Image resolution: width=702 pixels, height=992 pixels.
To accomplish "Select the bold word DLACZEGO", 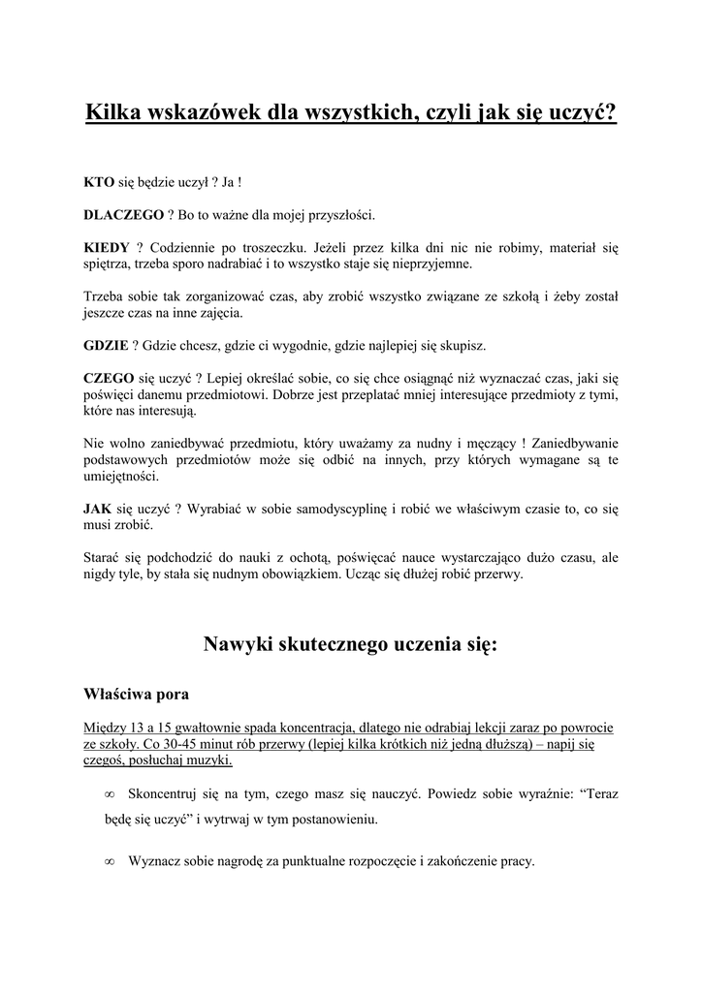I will click(x=122, y=214).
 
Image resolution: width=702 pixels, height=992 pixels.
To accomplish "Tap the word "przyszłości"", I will click(x=337, y=214).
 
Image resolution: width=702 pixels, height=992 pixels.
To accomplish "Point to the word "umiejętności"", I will click(x=121, y=476).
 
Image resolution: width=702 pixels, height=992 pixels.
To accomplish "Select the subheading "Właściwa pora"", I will click(x=137, y=694).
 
